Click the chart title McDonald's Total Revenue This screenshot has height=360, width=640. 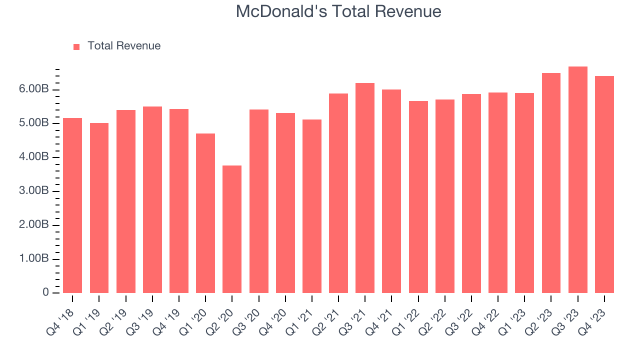click(338, 11)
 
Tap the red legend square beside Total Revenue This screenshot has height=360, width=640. click(76, 46)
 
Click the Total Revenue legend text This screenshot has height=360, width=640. click(124, 46)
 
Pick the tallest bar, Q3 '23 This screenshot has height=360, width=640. click(578, 180)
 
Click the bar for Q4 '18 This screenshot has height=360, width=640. click(72, 205)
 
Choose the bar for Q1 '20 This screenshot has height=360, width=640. click(205, 213)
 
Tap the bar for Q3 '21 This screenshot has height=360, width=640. click(365, 188)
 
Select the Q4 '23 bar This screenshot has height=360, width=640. click(604, 184)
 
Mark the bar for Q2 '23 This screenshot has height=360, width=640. click(551, 183)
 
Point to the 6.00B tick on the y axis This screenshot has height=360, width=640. click(34, 89)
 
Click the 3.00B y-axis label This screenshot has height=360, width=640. click(34, 191)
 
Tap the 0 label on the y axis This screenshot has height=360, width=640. click(45, 292)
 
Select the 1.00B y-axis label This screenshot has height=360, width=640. click(34, 258)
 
